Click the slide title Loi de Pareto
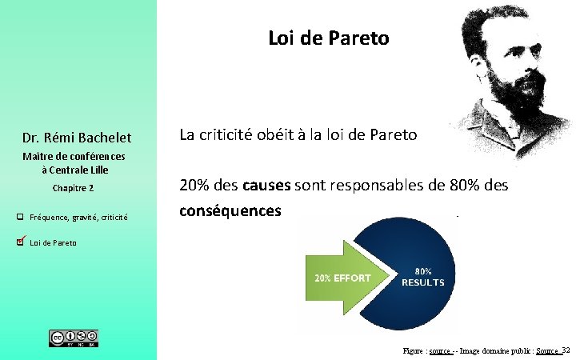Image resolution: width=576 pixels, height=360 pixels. [x=328, y=38]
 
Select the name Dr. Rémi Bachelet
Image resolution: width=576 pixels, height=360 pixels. [x=78, y=138]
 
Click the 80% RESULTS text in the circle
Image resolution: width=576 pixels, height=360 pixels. [x=422, y=276]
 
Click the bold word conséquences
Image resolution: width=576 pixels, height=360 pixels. [x=230, y=211]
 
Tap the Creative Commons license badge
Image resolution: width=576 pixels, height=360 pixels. [x=74, y=338]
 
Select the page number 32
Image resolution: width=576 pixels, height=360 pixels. [x=566, y=350]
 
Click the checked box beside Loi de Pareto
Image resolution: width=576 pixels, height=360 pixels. [x=21, y=242]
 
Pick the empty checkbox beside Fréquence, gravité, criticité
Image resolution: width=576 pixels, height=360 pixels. [x=20, y=217]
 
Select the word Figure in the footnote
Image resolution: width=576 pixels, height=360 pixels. [x=414, y=351]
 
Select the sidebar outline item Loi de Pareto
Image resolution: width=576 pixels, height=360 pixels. [x=53, y=242]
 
